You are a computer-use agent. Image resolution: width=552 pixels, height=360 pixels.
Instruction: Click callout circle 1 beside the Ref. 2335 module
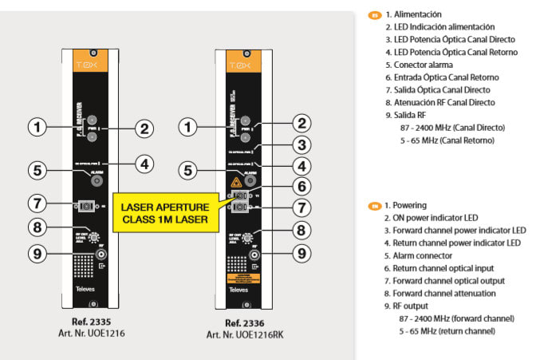pos(36,126)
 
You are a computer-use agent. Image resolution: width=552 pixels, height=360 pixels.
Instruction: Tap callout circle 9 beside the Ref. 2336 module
pos(302,254)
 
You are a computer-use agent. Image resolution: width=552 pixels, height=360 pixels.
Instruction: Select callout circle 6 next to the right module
pos(301,185)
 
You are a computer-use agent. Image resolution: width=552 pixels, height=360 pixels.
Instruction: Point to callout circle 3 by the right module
pos(301,144)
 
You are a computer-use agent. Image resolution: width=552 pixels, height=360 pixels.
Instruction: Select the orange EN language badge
pos(373,206)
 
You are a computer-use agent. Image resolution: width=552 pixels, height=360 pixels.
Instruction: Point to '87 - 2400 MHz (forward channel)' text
pos(456,318)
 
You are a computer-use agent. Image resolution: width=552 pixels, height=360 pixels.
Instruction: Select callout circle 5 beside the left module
pos(36,169)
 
